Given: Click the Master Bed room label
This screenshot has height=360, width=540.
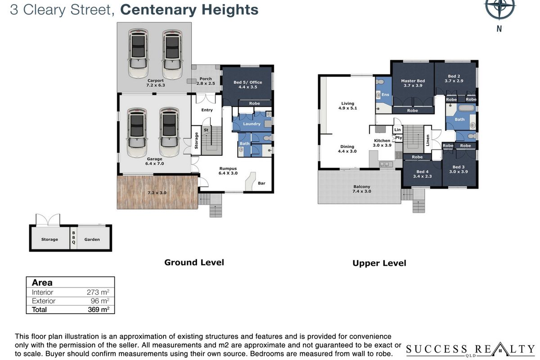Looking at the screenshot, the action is (x=413, y=83).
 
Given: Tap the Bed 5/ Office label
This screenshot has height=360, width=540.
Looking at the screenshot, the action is (x=248, y=85).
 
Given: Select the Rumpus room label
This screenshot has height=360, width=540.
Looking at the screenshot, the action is (x=228, y=171).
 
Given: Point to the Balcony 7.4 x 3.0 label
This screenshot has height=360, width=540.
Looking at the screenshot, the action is (x=362, y=189).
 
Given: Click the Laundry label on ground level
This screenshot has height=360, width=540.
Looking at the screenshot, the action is (x=252, y=124).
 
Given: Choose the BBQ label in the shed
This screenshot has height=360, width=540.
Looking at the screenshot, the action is (x=73, y=237).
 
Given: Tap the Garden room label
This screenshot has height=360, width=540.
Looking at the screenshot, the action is (x=92, y=239).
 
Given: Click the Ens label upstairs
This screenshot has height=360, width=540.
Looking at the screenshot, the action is (x=385, y=94).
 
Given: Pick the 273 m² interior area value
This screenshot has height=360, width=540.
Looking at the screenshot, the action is (x=98, y=292).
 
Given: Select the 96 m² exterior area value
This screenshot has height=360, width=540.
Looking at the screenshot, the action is (x=100, y=301).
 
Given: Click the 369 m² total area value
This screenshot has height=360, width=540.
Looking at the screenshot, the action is (x=99, y=309).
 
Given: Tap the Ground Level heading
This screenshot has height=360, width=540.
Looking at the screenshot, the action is (x=194, y=262).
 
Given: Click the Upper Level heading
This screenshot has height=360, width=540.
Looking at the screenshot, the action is (x=379, y=263).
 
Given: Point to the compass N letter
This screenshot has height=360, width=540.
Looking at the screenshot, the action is (x=499, y=29).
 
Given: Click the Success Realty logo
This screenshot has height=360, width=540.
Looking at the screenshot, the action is (x=470, y=350).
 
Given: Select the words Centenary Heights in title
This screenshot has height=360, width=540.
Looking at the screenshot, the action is (x=189, y=10).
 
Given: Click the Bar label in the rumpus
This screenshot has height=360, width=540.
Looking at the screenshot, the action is (x=261, y=183).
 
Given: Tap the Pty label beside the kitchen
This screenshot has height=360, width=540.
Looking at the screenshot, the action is (x=399, y=138).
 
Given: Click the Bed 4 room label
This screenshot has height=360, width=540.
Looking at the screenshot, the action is (x=423, y=174).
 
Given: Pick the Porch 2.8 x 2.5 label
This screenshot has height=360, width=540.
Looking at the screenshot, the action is (x=206, y=81).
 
